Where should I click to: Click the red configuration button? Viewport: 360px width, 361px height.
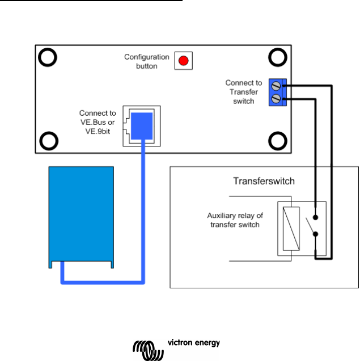[x=183, y=60]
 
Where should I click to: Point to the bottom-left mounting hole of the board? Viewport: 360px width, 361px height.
[x=48, y=140]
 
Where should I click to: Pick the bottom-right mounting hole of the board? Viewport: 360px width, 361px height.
[x=277, y=140]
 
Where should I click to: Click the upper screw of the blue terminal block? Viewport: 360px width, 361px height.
[x=276, y=88]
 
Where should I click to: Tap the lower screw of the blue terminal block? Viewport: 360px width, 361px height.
[x=276, y=99]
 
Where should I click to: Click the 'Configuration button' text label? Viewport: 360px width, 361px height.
[x=147, y=61]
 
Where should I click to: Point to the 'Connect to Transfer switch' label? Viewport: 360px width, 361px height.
[x=243, y=92]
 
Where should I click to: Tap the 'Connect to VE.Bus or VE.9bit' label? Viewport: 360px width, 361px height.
[x=98, y=122]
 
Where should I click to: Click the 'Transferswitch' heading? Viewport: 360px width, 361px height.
[x=264, y=182]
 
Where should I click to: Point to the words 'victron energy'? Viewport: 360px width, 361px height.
[x=193, y=343]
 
